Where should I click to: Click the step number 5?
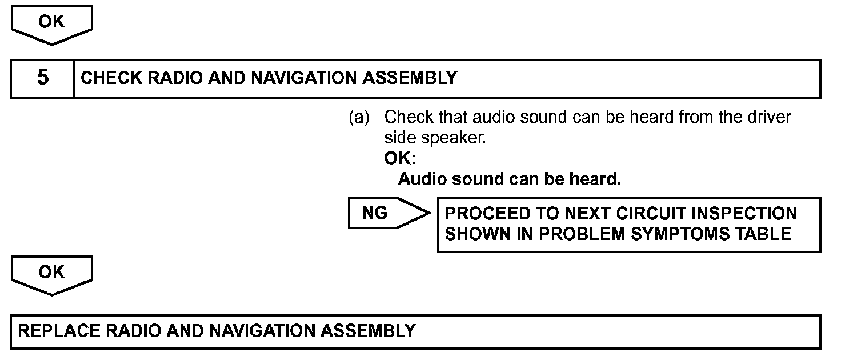(42, 78)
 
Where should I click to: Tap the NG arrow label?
(375, 213)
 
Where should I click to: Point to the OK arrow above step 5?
(51, 23)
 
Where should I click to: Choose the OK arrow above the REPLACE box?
(51, 273)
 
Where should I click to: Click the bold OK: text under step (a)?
(400, 158)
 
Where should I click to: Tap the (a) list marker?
(359, 118)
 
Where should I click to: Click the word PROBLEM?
(571, 234)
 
